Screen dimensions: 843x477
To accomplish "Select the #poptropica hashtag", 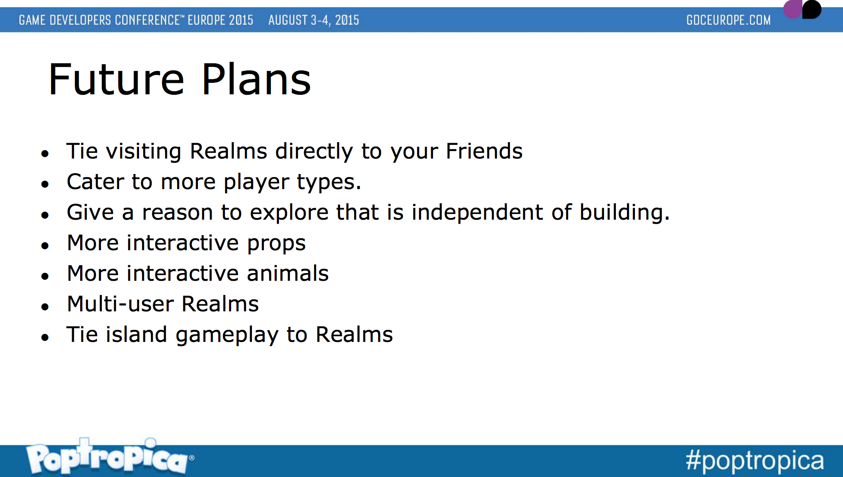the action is (x=754, y=461).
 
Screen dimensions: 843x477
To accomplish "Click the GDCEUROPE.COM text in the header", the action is (x=728, y=20).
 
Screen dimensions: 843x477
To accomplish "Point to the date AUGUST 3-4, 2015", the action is (x=313, y=20).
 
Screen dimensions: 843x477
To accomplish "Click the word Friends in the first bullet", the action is (x=484, y=151).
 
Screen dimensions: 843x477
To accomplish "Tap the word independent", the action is (x=477, y=212).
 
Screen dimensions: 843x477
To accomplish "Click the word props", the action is (x=276, y=244).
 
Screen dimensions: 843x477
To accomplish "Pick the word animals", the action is (x=287, y=273).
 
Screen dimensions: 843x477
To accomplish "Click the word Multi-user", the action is (x=120, y=304).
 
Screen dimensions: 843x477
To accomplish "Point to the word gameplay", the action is (x=227, y=335).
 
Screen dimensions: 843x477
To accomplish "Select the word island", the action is (x=136, y=334).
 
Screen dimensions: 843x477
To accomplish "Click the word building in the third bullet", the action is (x=622, y=212).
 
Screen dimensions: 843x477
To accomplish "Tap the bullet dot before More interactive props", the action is (x=45, y=245).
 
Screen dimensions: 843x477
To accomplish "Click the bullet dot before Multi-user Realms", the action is (x=45, y=306).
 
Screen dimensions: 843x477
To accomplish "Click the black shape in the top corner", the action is (x=812, y=9).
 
